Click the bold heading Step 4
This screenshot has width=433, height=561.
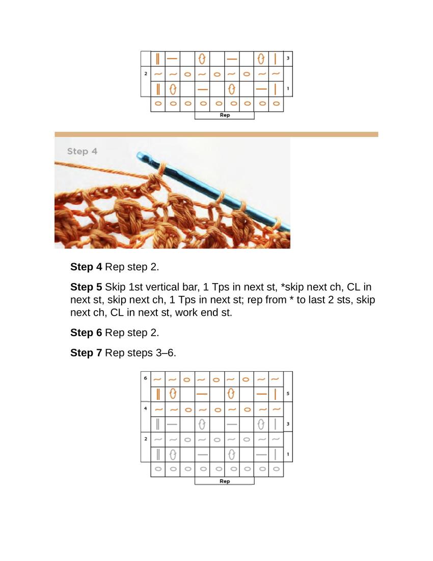pyautogui.click(x=86, y=267)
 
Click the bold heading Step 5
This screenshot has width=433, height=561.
pyautogui.click(x=86, y=287)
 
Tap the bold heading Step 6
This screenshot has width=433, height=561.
pyautogui.click(x=86, y=333)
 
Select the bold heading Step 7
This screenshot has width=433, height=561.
pyautogui.click(x=86, y=353)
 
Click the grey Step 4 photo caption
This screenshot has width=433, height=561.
pyautogui.click(x=82, y=151)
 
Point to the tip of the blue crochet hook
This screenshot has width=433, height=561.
pyautogui.click(x=138, y=155)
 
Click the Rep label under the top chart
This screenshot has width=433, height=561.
pyautogui.click(x=225, y=115)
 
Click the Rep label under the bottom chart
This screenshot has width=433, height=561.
pyautogui.click(x=225, y=481)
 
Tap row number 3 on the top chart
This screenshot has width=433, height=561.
pyautogui.click(x=288, y=58)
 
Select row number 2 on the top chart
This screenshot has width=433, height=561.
pyautogui.click(x=146, y=74)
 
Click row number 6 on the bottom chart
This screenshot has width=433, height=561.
pyautogui.click(x=145, y=378)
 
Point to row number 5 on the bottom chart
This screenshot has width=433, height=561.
pyautogui.click(x=288, y=394)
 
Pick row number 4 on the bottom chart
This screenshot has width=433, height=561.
pyautogui.click(x=145, y=408)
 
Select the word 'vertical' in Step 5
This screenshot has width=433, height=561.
pyautogui.click(x=163, y=287)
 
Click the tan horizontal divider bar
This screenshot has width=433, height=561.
pyautogui.click(x=216, y=135)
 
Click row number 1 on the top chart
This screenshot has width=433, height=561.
pyautogui.click(x=288, y=88)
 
